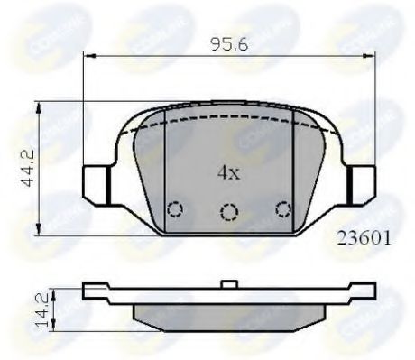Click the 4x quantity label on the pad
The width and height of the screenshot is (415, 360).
click(226, 171)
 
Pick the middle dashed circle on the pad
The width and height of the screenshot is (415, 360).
click(229, 213)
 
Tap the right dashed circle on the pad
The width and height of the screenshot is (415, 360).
click(283, 209)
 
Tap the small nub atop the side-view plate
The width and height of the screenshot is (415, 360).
click(229, 285)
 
